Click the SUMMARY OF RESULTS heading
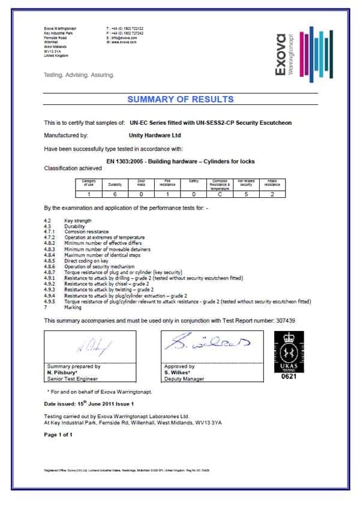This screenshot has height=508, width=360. point(180,99)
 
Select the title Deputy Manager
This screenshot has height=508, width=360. point(183,379)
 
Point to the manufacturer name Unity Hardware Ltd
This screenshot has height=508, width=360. point(155,136)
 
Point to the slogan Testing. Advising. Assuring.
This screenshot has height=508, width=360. point(79,76)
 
